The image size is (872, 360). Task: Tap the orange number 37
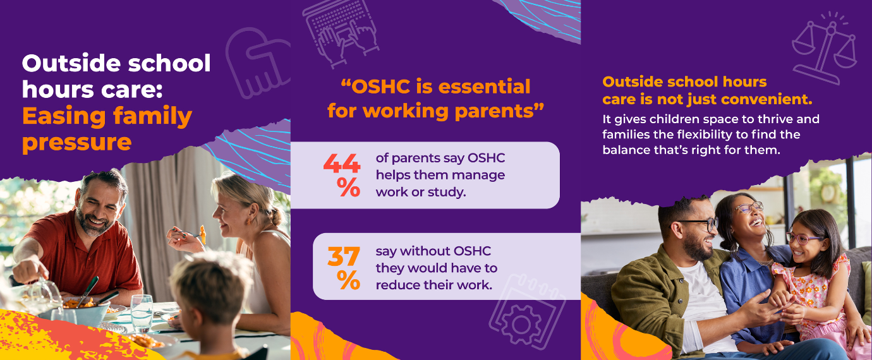click(344, 256)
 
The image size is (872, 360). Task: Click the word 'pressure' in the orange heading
click(76, 142)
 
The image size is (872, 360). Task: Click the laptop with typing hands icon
click(341, 28)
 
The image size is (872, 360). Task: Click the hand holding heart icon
click(256, 60)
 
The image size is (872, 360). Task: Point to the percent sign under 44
click(348, 187)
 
